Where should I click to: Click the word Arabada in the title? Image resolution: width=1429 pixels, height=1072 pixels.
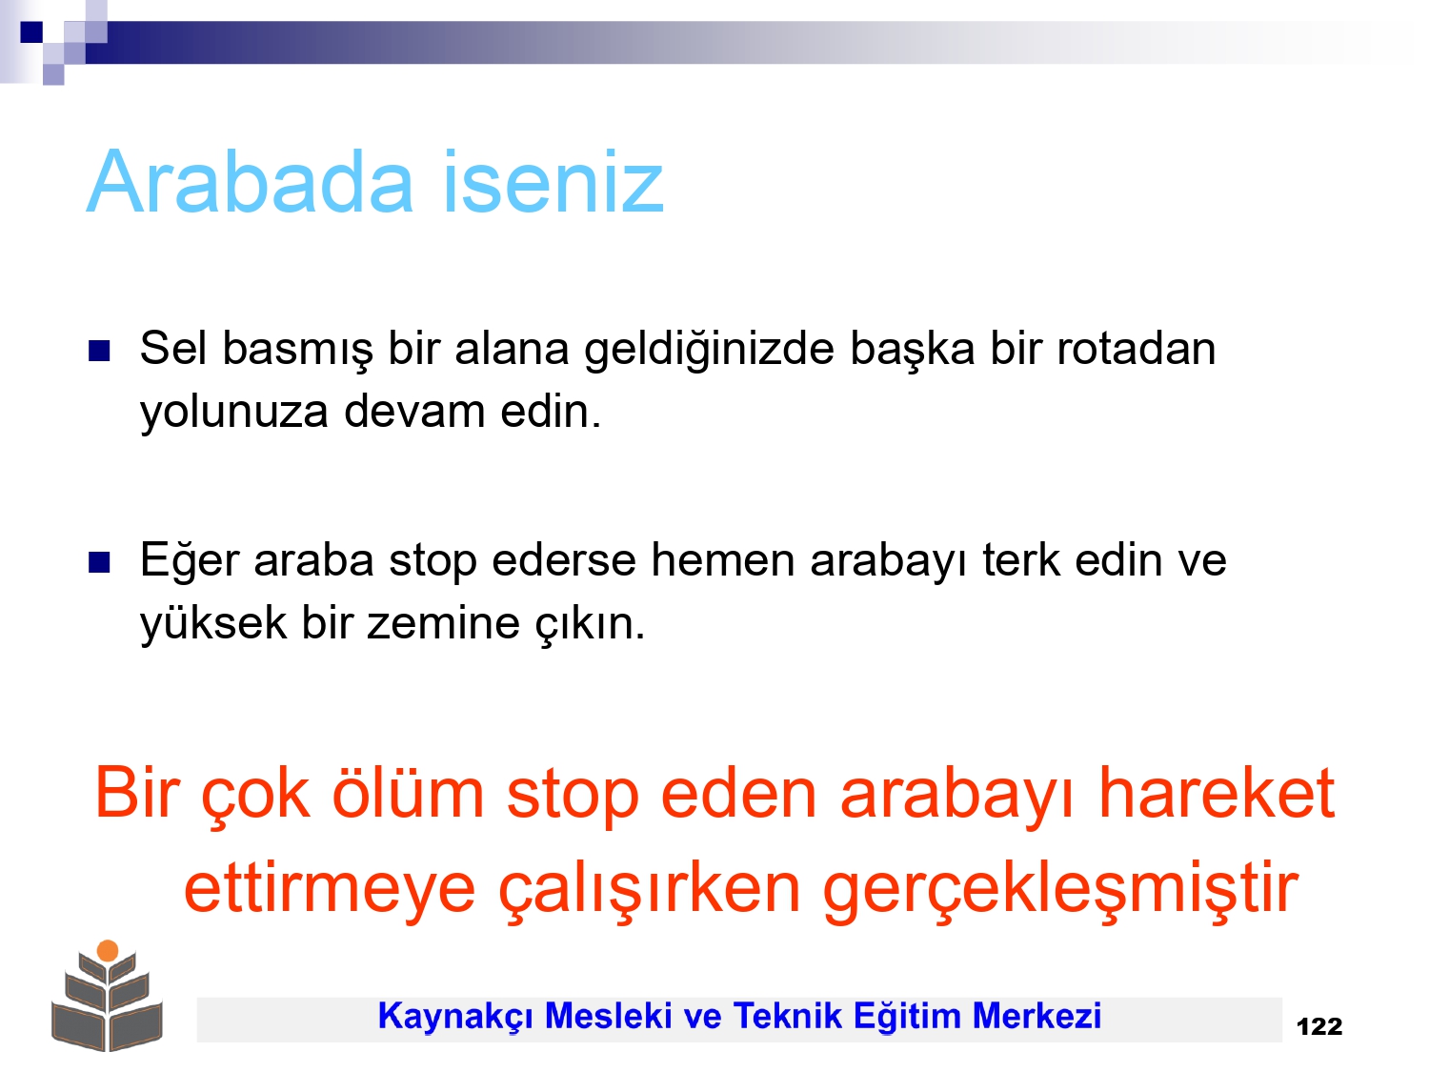(x=250, y=182)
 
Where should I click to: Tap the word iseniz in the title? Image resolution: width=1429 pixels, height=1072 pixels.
(x=553, y=182)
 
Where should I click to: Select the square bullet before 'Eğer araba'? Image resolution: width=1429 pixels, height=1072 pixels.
(x=99, y=562)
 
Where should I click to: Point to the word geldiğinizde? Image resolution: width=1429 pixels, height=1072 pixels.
(x=709, y=351)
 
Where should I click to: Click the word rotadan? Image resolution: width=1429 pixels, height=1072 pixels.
(x=1136, y=349)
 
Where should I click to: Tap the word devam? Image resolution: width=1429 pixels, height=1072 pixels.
(x=414, y=412)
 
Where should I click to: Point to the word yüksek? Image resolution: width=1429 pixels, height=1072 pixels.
(x=213, y=623)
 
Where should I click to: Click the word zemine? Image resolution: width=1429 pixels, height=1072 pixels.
(x=443, y=623)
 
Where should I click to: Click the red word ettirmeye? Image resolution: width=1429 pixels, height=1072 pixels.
(x=330, y=890)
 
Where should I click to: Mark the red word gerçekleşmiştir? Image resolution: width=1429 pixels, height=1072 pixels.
(x=1060, y=890)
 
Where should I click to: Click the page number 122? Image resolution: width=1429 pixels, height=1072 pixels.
(x=1319, y=1027)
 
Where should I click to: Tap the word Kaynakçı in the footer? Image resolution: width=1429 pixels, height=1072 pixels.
(x=455, y=1017)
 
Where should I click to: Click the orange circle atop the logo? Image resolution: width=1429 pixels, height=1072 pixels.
(x=108, y=951)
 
